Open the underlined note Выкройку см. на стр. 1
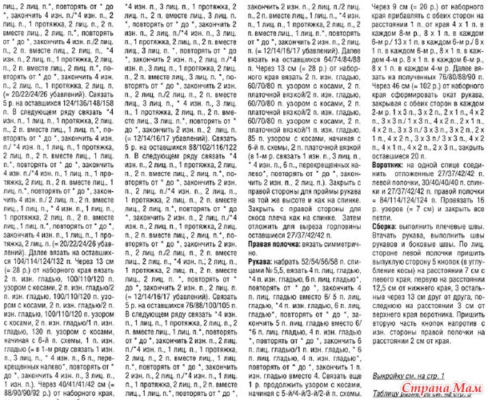pos(412,375)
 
